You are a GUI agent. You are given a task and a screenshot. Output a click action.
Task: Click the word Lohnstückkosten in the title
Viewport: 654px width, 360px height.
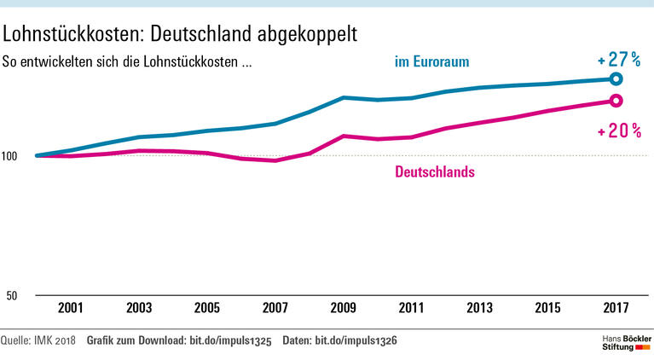(x=69, y=33)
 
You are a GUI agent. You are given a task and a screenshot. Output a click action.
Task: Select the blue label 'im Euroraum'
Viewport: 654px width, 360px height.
(x=432, y=61)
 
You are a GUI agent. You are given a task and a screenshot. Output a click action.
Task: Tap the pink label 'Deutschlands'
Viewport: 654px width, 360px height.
(x=435, y=171)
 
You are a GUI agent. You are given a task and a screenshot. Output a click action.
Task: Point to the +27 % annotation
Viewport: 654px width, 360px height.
(x=619, y=61)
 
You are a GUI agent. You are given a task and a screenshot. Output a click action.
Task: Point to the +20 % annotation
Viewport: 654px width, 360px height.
(x=619, y=131)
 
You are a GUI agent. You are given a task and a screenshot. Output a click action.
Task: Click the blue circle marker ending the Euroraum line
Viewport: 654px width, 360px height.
(x=616, y=79)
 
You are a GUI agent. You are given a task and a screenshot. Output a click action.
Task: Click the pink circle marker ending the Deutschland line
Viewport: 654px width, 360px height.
(x=616, y=102)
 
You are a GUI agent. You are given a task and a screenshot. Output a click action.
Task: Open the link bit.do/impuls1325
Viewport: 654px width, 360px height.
(x=229, y=341)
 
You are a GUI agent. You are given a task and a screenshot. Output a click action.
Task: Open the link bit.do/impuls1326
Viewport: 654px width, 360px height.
(x=356, y=341)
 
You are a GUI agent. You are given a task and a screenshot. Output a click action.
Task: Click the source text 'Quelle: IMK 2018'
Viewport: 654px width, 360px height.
(x=38, y=341)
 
